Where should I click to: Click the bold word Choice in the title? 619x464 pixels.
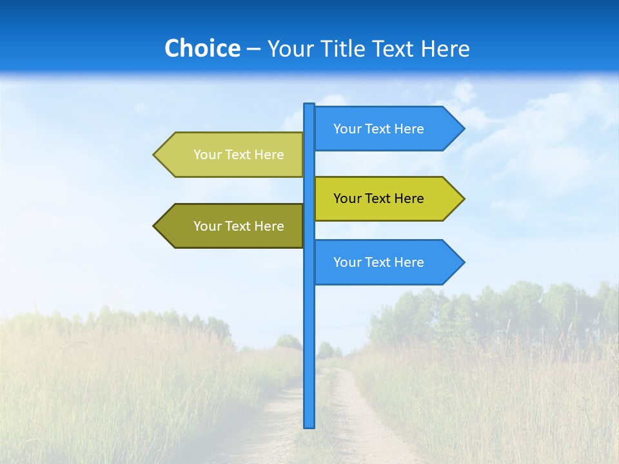pyautogui.click(x=202, y=49)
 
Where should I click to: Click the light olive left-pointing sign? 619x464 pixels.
pyautogui.click(x=232, y=155)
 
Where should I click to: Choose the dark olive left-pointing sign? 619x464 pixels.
pyautogui.click(x=232, y=226)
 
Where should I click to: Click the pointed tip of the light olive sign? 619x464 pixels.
pyautogui.click(x=155, y=155)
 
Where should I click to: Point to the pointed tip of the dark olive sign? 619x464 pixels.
pyautogui.click(x=155, y=226)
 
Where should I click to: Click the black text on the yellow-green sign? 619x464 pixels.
pyautogui.click(x=378, y=198)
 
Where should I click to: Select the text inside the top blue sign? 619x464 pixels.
pyautogui.click(x=378, y=129)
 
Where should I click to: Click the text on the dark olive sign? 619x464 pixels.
pyautogui.click(x=239, y=226)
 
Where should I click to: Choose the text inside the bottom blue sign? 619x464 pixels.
pyautogui.click(x=378, y=262)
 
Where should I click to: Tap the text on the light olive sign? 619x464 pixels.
pyautogui.click(x=239, y=155)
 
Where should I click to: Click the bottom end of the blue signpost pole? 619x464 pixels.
pyautogui.click(x=309, y=425)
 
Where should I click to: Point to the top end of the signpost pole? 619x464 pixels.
pyautogui.click(x=309, y=106)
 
